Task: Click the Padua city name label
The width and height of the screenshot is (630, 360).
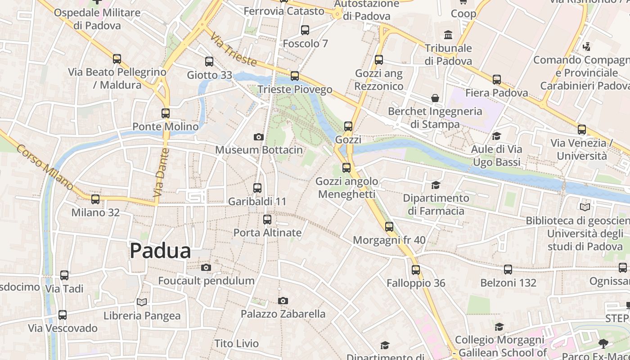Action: coord(160,251)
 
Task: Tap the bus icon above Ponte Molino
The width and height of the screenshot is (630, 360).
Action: coord(166,113)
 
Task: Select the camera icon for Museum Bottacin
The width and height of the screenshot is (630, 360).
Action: coord(259,137)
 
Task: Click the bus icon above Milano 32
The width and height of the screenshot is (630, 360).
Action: coord(95,199)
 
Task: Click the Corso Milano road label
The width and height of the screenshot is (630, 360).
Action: coord(45,166)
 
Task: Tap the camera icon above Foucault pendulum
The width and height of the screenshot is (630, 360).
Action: coord(206,268)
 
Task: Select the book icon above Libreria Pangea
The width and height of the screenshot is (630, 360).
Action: coord(142,302)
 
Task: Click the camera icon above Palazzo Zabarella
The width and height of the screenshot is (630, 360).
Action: coord(283,301)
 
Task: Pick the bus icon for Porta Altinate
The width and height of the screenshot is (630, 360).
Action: coord(267,220)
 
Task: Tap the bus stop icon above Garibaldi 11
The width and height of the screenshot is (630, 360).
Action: coord(257,188)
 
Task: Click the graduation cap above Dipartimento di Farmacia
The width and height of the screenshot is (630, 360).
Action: coord(436,185)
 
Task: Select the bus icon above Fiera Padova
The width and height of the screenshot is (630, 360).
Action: coord(497,80)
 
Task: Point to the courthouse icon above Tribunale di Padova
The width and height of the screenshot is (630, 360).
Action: coord(448,35)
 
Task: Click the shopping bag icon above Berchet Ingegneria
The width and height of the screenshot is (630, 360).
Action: coord(435,98)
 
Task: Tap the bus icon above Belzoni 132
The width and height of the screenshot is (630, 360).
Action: coord(508,270)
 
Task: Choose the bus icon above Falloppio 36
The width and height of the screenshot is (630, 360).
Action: coord(416,270)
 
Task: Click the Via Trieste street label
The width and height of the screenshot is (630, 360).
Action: coord(233,49)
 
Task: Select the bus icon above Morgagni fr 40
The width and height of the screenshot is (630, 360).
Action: coord(389,227)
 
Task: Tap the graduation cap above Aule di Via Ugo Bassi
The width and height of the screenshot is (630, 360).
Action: coord(496,136)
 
